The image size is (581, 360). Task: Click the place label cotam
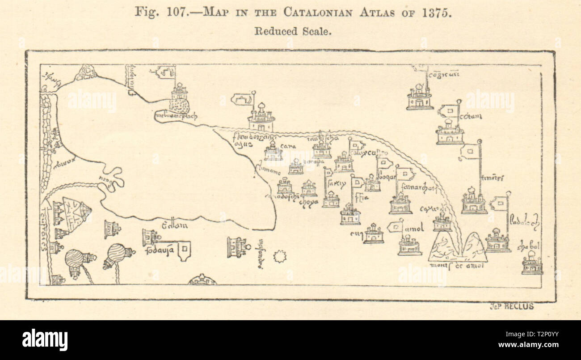click(471, 117)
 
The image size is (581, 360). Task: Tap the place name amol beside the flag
click(414, 229)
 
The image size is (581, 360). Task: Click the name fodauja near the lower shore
click(159, 250)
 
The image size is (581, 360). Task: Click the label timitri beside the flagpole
click(493, 178)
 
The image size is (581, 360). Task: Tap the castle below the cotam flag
click(449, 132)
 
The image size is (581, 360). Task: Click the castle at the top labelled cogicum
click(419, 98)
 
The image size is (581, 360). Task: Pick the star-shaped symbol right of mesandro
click(280, 256)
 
